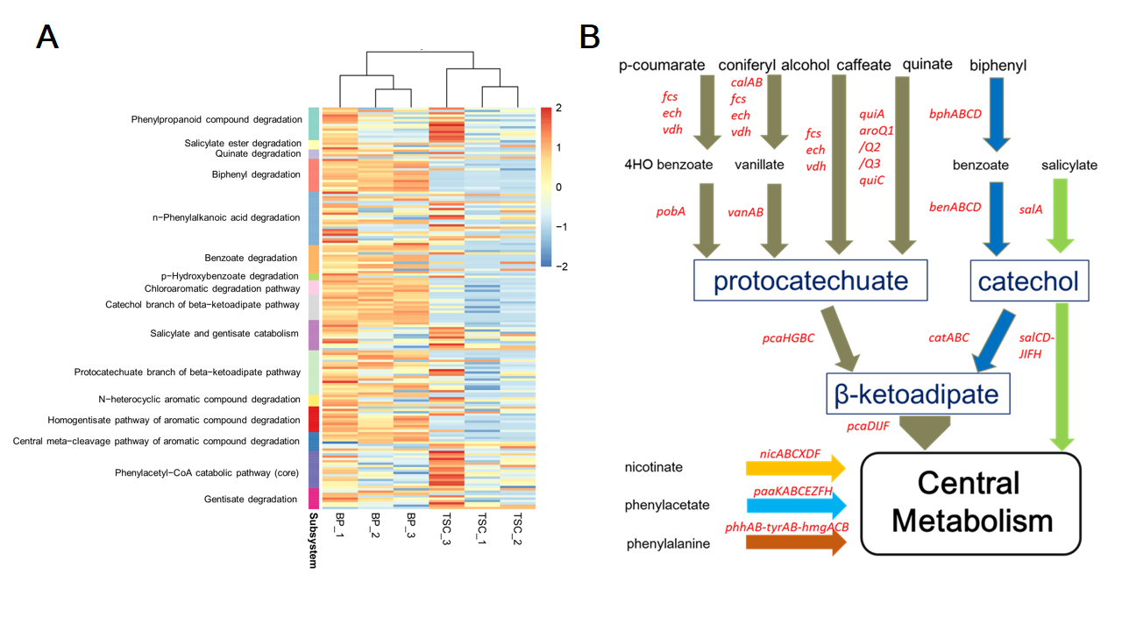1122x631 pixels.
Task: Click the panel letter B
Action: (x=590, y=37)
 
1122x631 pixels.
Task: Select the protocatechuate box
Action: (x=810, y=281)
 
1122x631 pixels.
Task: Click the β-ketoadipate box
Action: (x=919, y=393)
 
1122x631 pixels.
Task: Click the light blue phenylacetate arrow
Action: (x=796, y=505)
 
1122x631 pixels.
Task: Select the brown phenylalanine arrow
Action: (x=796, y=542)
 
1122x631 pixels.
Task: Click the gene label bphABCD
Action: (x=955, y=114)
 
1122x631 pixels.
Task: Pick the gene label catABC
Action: (x=949, y=337)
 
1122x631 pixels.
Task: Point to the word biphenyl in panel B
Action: (x=998, y=65)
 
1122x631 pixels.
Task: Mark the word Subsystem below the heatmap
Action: (x=313, y=542)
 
